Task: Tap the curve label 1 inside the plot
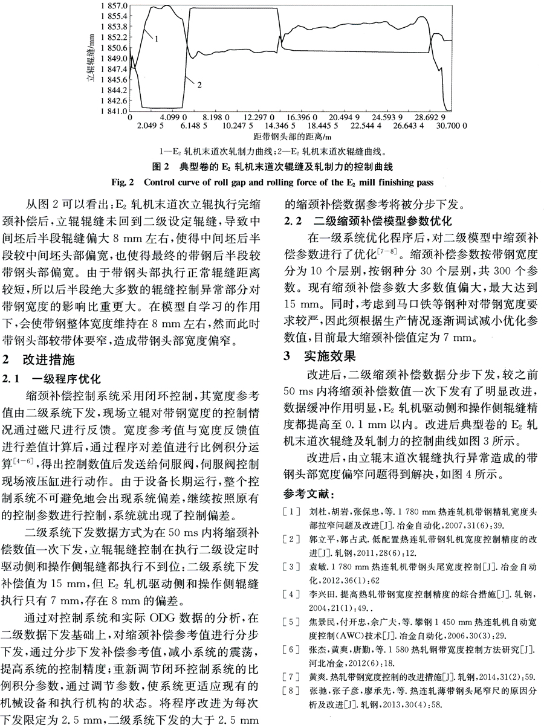pyautogui.click(x=155, y=39)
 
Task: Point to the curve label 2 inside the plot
pyautogui.click(x=199, y=84)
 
